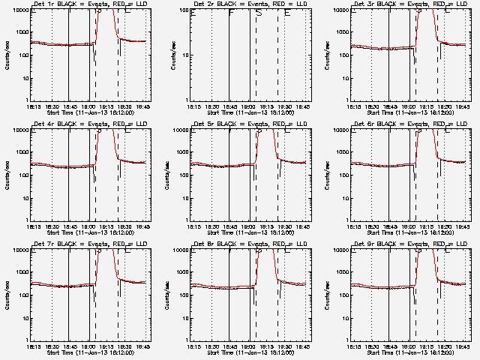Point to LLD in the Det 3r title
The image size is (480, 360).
(453, 4)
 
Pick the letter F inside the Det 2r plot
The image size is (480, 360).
(231, 13)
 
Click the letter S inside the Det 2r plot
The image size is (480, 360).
(259, 13)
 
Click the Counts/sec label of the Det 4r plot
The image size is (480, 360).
(7, 175)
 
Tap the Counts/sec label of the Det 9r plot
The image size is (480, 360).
(328, 295)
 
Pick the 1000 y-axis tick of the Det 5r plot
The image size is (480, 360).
(181, 152)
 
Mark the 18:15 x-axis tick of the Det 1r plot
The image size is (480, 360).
(31, 106)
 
